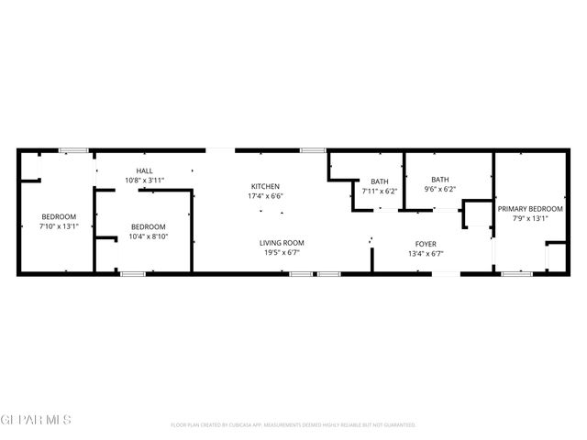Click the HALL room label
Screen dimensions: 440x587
145,170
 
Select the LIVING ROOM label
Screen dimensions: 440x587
282,242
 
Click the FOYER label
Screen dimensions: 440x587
425,244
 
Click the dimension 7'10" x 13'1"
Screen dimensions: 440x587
59,225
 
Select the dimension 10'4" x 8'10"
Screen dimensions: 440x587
148,236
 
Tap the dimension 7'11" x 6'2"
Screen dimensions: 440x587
380,191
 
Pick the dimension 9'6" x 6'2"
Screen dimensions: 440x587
440,189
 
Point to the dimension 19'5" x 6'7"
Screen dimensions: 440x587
282,252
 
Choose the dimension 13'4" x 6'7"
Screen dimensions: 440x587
425,254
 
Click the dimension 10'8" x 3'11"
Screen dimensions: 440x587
145,181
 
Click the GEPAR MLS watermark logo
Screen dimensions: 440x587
36,419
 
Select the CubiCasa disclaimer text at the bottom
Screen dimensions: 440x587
293,425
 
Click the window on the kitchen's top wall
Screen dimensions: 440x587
313,150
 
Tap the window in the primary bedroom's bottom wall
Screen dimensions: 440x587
516,273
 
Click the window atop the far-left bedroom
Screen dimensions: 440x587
72,150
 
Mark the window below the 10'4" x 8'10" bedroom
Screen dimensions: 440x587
133,273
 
